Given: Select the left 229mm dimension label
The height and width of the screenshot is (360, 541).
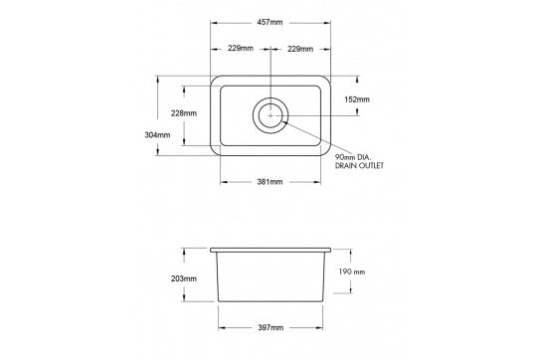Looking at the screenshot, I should click(x=239, y=49).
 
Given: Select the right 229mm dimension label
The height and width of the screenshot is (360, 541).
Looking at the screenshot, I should click(x=301, y=49).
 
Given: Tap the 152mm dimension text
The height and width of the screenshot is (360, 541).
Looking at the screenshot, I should click(x=356, y=99).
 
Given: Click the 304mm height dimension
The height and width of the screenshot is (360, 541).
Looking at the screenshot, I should click(x=157, y=135).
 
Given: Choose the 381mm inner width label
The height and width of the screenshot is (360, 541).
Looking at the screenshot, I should click(x=270, y=182).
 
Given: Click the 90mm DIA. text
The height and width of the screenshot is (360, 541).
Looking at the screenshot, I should click(x=354, y=157).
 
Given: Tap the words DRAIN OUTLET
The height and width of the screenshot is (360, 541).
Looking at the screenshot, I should click(x=359, y=166).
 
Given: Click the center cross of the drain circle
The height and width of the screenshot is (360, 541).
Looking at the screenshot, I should click(x=270, y=116).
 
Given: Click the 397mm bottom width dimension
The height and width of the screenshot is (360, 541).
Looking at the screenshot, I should click(x=270, y=327).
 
